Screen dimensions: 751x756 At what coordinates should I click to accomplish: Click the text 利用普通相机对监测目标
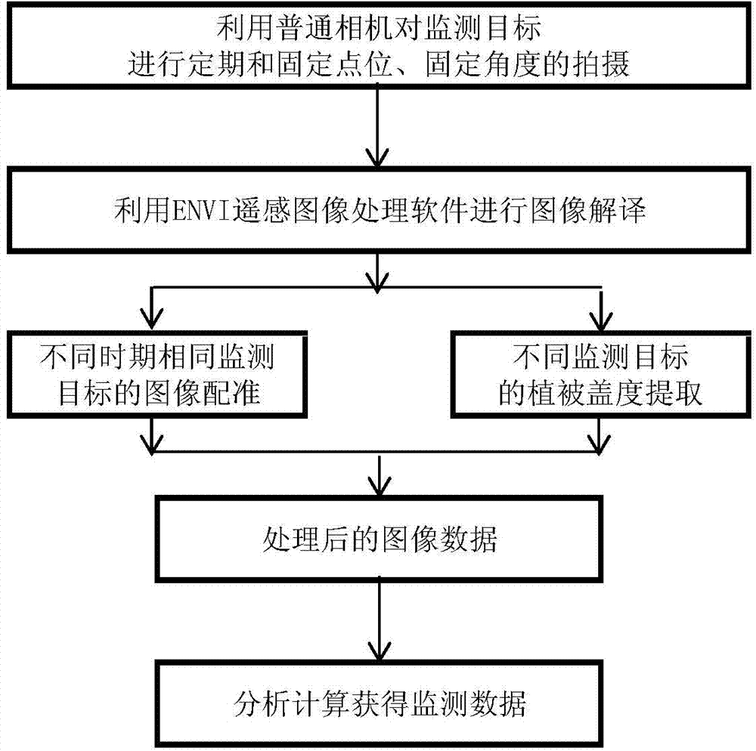tap(377, 32)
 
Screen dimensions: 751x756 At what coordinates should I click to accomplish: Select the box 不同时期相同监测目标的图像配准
tap(153, 375)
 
